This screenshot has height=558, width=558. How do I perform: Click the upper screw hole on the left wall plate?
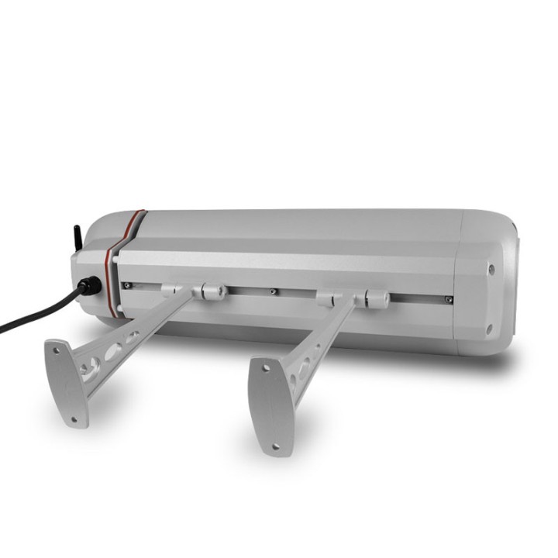coord(56,350)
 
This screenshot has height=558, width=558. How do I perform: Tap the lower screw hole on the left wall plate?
coord(75,418)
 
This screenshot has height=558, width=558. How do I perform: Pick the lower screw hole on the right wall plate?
coord(277,446)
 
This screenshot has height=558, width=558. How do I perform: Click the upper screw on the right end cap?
coord(490,270)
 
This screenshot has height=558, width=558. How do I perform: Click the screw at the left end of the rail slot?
coord(126,286)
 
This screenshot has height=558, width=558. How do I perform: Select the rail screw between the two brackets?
coord(272,292)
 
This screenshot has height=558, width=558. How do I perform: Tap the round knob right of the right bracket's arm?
coord(375,298)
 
